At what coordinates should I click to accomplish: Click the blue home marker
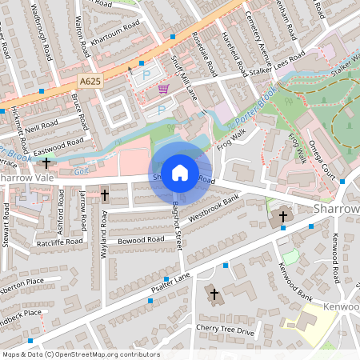coord(180,173)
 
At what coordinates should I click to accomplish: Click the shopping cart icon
coord(163,89)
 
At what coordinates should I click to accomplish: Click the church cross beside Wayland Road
coord(105,194)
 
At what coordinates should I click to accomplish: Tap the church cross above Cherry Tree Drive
coord(213,294)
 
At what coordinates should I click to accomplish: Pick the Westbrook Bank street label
coord(214,208)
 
